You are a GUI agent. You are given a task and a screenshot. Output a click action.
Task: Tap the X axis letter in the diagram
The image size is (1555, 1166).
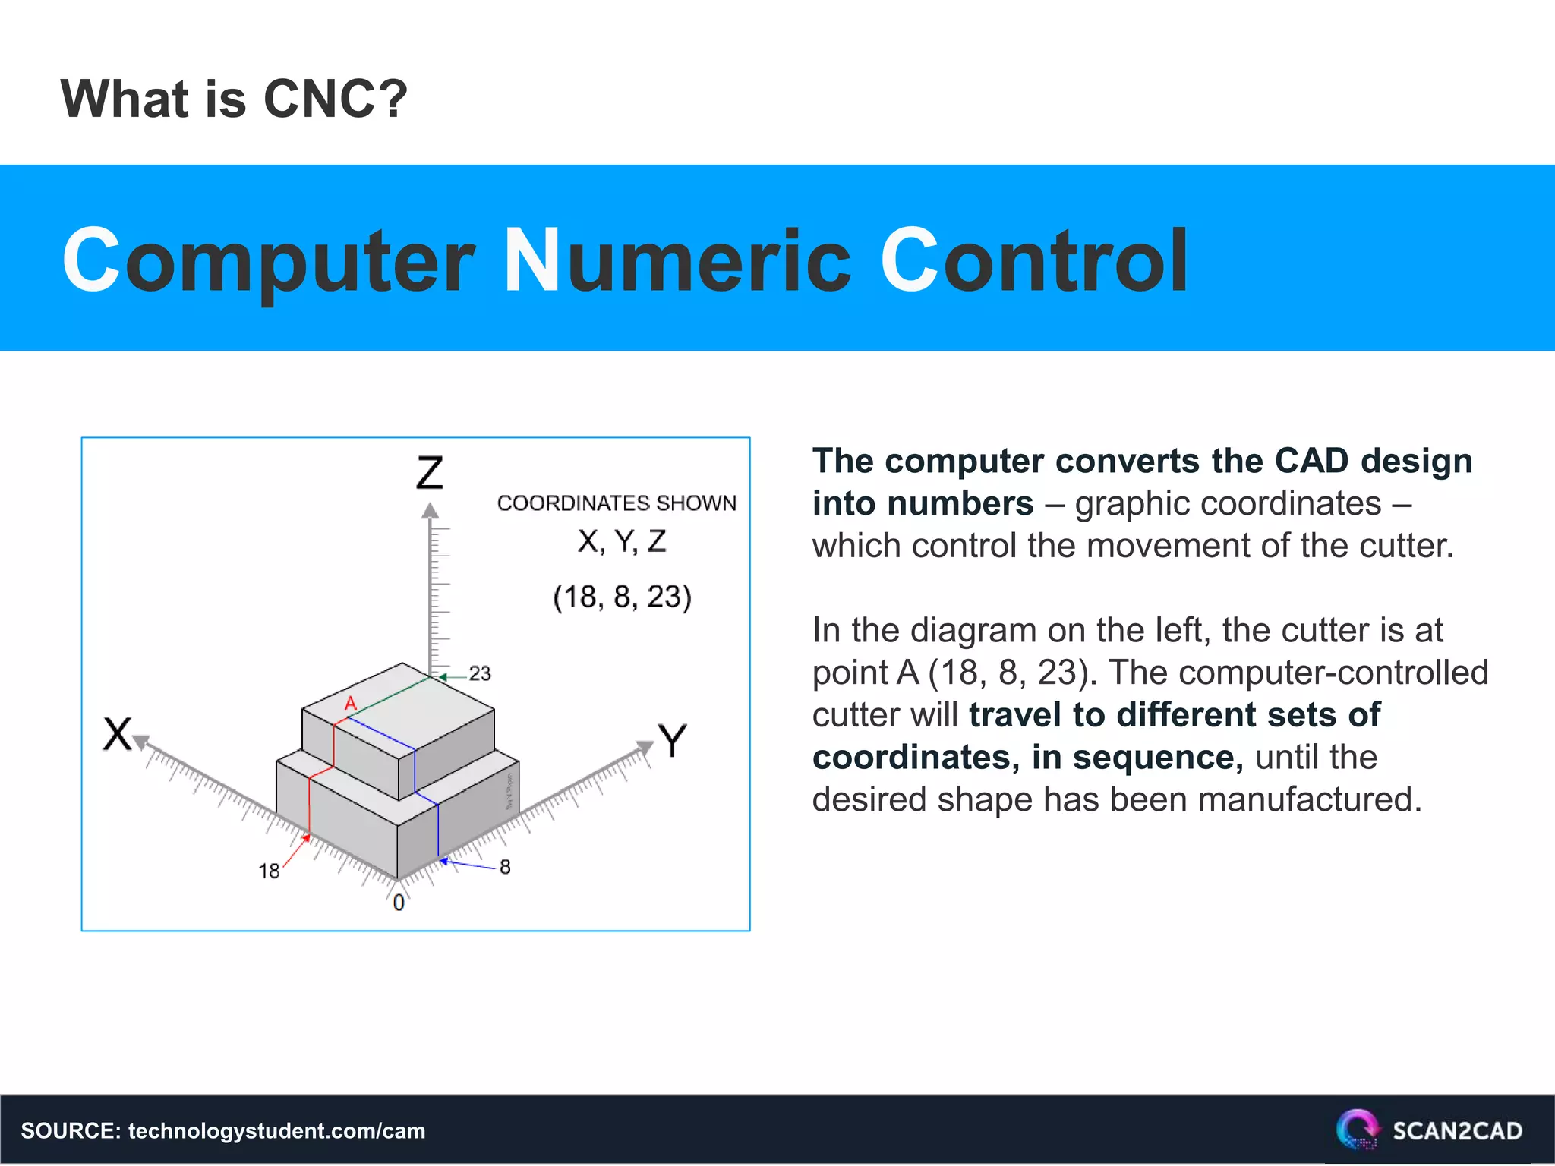(118, 734)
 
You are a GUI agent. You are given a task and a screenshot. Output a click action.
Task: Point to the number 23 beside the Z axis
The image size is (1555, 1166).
(480, 673)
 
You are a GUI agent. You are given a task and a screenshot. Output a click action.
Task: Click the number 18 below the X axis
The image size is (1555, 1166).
(269, 871)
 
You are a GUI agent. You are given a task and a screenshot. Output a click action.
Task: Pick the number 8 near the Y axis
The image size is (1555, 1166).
(505, 867)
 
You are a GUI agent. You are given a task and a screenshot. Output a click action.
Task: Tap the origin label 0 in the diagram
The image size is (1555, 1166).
(399, 903)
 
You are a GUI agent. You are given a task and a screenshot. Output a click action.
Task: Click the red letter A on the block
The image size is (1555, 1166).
(350, 704)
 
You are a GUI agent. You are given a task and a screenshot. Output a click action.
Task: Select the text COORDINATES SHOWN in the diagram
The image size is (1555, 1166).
(617, 503)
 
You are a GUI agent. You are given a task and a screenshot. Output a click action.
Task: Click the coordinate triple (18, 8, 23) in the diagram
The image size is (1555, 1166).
(622, 597)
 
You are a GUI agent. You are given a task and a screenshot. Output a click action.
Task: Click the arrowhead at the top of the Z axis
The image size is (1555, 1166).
(431, 511)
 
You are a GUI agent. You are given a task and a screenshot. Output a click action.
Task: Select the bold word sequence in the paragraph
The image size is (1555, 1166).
(1157, 757)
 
